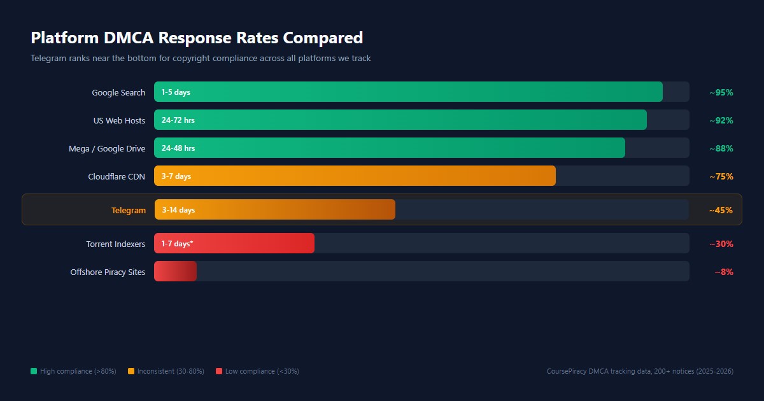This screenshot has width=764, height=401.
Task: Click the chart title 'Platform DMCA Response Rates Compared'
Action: click(x=197, y=38)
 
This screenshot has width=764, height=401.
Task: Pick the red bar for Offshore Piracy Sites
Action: click(x=175, y=271)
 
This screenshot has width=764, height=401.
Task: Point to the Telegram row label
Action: click(x=129, y=210)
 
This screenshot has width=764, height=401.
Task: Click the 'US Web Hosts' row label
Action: click(x=119, y=120)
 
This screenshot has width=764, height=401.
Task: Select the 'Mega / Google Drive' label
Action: click(x=107, y=148)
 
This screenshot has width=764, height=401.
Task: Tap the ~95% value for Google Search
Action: click(x=721, y=92)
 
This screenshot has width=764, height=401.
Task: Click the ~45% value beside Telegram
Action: click(x=721, y=210)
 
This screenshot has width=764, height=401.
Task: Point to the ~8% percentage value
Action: click(x=724, y=272)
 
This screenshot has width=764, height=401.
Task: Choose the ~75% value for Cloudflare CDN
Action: click(x=721, y=176)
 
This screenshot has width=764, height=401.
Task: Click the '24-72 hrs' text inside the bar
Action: click(x=178, y=120)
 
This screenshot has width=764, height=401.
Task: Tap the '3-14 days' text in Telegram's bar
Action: click(x=178, y=210)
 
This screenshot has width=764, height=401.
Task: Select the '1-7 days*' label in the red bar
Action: click(x=177, y=243)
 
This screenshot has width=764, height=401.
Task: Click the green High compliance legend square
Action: click(x=34, y=371)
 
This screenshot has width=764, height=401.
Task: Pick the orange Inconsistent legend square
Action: click(x=131, y=371)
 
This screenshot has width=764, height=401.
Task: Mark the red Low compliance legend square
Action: click(x=219, y=371)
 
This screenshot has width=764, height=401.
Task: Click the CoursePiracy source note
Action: click(x=640, y=371)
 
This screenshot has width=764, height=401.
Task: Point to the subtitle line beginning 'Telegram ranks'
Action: click(x=201, y=58)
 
